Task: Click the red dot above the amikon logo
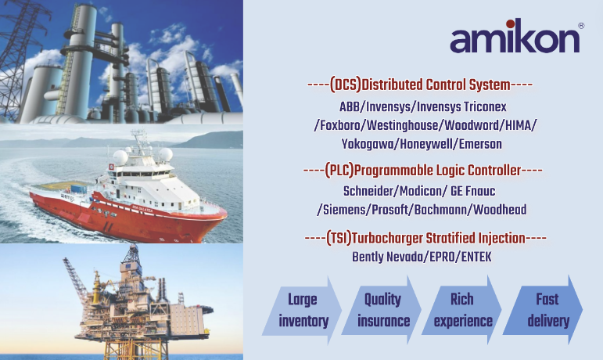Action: click(510, 23)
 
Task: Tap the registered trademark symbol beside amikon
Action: click(581, 26)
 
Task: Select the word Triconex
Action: click(485, 106)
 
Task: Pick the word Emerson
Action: click(480, 144)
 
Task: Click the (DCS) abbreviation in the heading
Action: click(346, 85)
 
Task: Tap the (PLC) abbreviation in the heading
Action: click(339, 171)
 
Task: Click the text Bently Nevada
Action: click(387, 257)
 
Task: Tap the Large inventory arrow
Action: click(302, 310)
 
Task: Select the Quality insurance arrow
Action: click(382, 310)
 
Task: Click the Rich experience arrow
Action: click(462, 310)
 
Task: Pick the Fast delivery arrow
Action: click(543, 310)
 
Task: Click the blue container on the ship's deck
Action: click(78, 189)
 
